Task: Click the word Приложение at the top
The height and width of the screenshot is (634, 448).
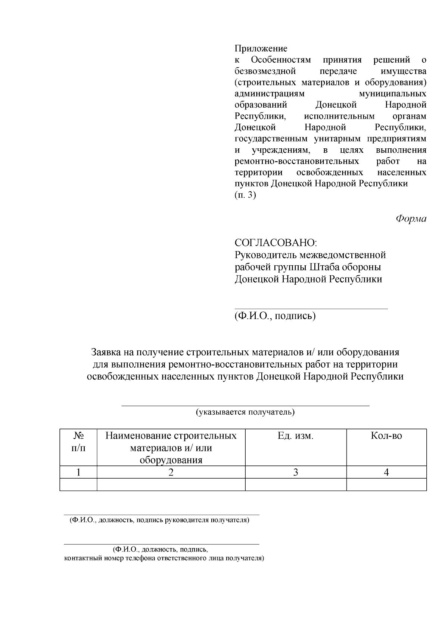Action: [261, 49]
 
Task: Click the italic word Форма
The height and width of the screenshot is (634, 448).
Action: [411, 219]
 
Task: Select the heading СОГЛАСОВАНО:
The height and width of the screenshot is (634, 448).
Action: [276, 243]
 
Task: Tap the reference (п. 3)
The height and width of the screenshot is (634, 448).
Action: [245, 195]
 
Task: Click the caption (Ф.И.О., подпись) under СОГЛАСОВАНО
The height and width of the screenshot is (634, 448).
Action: [275, 316]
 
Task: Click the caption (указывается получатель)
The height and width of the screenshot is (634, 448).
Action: [245, 412]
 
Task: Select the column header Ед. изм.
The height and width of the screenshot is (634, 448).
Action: [295, 436]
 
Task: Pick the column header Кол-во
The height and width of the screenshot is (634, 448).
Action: [386, 436]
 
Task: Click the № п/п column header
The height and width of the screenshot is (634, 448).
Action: [78, 442]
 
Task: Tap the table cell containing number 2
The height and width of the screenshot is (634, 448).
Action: [171, 472]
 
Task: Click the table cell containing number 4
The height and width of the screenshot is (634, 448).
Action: [386, 472]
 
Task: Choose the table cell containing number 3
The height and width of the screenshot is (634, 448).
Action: [295, 472]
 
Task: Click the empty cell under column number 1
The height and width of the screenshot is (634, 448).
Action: [78, 484]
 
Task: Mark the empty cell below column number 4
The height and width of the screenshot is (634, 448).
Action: [386, 484]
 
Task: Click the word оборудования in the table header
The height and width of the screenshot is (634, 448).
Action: [171, 460]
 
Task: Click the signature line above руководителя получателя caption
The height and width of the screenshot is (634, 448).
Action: [161, 515]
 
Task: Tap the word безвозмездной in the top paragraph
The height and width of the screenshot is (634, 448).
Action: [265, 71]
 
